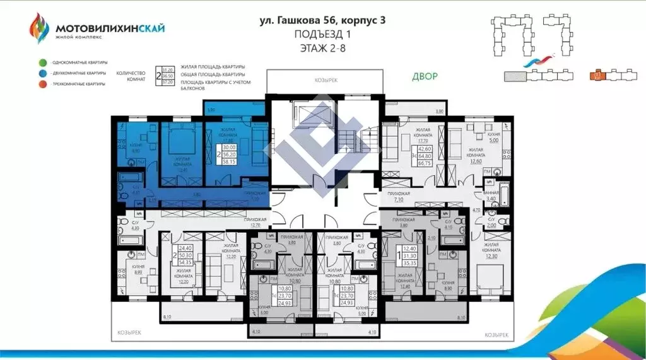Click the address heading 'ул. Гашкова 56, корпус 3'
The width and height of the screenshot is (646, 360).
tap(322, 20)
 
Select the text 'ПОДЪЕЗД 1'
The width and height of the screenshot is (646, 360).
tap(322, 34)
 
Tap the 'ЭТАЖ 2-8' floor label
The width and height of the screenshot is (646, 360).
tap(322, 47)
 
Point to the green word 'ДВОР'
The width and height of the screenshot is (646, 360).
tap(425, 76)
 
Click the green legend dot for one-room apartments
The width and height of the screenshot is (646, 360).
tap(42, 62)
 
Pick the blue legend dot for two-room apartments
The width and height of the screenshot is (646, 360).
tap(42, 73)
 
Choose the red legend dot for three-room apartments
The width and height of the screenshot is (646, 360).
tap(42, 84)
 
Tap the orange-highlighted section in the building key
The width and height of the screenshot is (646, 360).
tap(595, 75)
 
